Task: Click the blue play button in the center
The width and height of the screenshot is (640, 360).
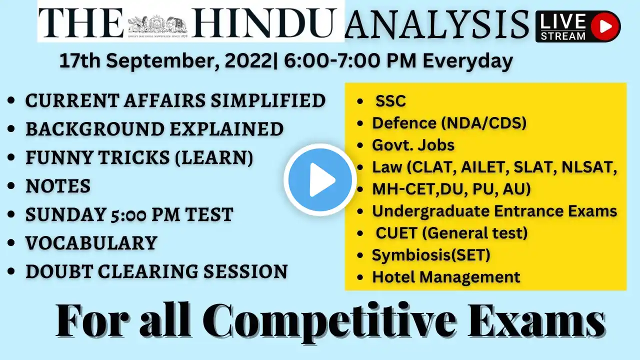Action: [320, 180]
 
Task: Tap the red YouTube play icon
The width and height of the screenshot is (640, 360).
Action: [605, 26]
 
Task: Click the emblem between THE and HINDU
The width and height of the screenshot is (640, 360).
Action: [157, 25]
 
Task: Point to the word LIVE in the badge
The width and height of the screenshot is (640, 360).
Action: [562, 21]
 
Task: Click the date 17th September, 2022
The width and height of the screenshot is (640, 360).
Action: [165, 61]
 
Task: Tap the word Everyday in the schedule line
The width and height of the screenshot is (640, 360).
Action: [467, 61]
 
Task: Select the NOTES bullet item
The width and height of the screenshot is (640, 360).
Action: [58, 186]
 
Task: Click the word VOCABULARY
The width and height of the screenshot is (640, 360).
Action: [91, 243]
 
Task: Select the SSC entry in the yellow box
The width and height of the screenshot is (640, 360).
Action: [390, 101]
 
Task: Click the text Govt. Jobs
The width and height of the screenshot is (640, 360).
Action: [413, 145]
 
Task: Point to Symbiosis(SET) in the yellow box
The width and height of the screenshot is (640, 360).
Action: [431, 255]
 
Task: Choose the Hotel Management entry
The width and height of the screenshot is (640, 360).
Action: [446, 277]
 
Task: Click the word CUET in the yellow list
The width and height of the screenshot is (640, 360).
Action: [396, 233]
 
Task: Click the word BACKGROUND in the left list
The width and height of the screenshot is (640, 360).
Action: [95, 129]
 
